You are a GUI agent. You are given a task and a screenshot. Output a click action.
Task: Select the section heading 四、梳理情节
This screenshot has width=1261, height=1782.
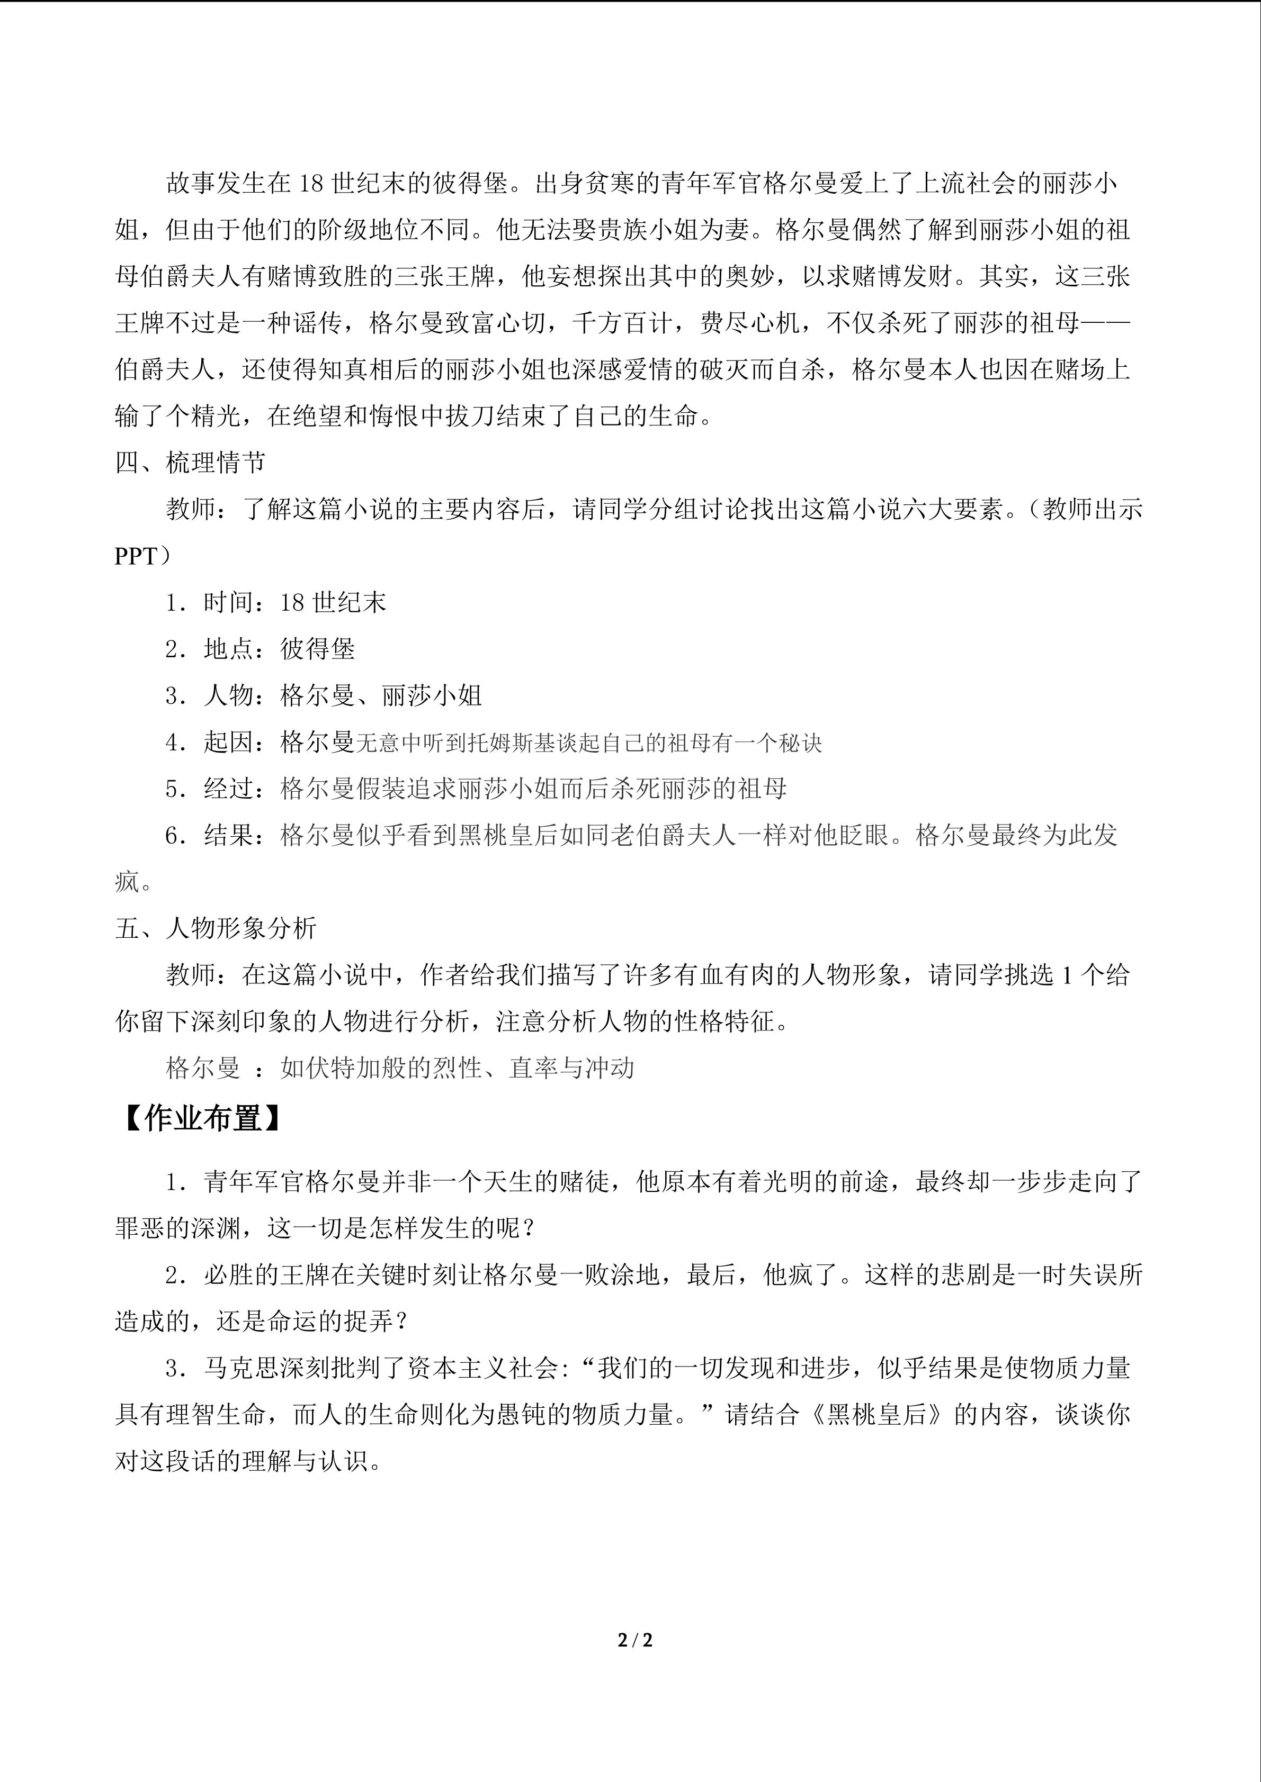[x=190, y=463]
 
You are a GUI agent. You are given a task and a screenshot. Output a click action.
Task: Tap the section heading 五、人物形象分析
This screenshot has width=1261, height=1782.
[x=216, y=928]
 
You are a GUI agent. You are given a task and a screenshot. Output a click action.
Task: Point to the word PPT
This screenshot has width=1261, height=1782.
[x=136, y=556]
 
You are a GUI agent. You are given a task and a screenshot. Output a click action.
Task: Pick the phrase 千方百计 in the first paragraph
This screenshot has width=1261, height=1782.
[x=622, y=324]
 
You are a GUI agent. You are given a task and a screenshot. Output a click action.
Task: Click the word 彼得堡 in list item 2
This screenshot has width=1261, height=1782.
[x=318, y=649]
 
